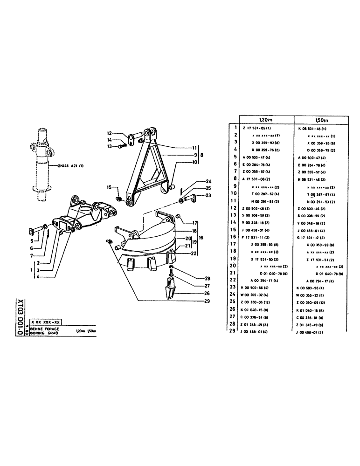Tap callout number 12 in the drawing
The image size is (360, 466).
108,133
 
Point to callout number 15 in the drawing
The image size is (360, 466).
109,188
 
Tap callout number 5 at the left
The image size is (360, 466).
31,241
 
